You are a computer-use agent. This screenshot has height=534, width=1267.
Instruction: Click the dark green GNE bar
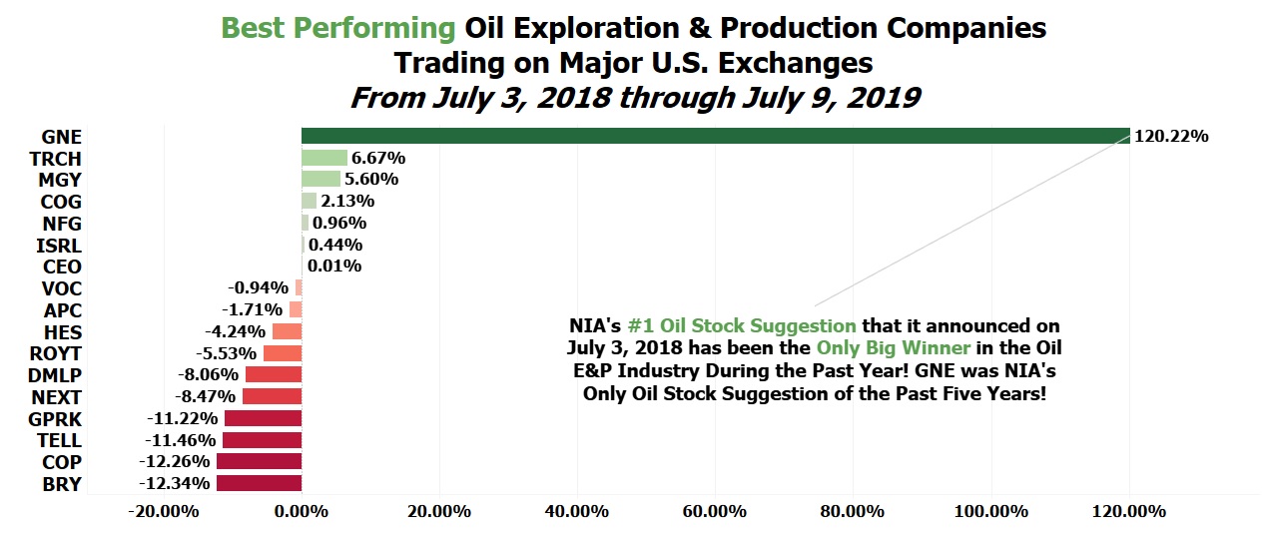(x=716, y=136)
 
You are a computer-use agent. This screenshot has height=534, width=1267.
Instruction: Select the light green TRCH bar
(x=324, y=158)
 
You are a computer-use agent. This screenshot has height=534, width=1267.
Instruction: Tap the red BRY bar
(x=259, y=483)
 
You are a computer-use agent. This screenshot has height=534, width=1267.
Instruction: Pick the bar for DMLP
(x=274, y=374)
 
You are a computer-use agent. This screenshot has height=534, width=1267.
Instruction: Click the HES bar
(x=287, y=331)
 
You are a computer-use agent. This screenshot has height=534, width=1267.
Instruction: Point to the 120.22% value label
(x=1171, y=137)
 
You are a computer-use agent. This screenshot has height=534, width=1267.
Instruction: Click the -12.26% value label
(x=174, y=461)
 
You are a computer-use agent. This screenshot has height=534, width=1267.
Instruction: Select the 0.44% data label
(x=335, y=245)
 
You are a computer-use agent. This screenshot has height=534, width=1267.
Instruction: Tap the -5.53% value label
(x=227, y=353)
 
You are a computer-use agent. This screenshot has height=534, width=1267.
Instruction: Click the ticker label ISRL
(x=59, y=247)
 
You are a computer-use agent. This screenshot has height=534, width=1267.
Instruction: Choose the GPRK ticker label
(x=55, y=420)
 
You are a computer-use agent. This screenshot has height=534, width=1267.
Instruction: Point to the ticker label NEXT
(x=57, y=397)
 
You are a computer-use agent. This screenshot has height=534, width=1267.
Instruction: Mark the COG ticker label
(x=61, y=202)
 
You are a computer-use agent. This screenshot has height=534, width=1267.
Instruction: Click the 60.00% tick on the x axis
(x=715, y=511)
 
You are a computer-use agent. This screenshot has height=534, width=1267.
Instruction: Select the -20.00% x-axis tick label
(x=164, y=511)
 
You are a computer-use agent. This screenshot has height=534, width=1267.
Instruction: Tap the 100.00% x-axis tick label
(x=991, y=511)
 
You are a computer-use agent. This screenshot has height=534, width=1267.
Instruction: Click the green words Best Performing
(x=338, y=28)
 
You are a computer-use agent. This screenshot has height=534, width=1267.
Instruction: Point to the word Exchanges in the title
(x=796, y=63)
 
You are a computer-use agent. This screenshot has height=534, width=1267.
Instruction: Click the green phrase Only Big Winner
(x=894, y=348)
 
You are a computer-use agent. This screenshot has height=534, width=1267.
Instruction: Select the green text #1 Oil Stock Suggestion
(x=742, y=325)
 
